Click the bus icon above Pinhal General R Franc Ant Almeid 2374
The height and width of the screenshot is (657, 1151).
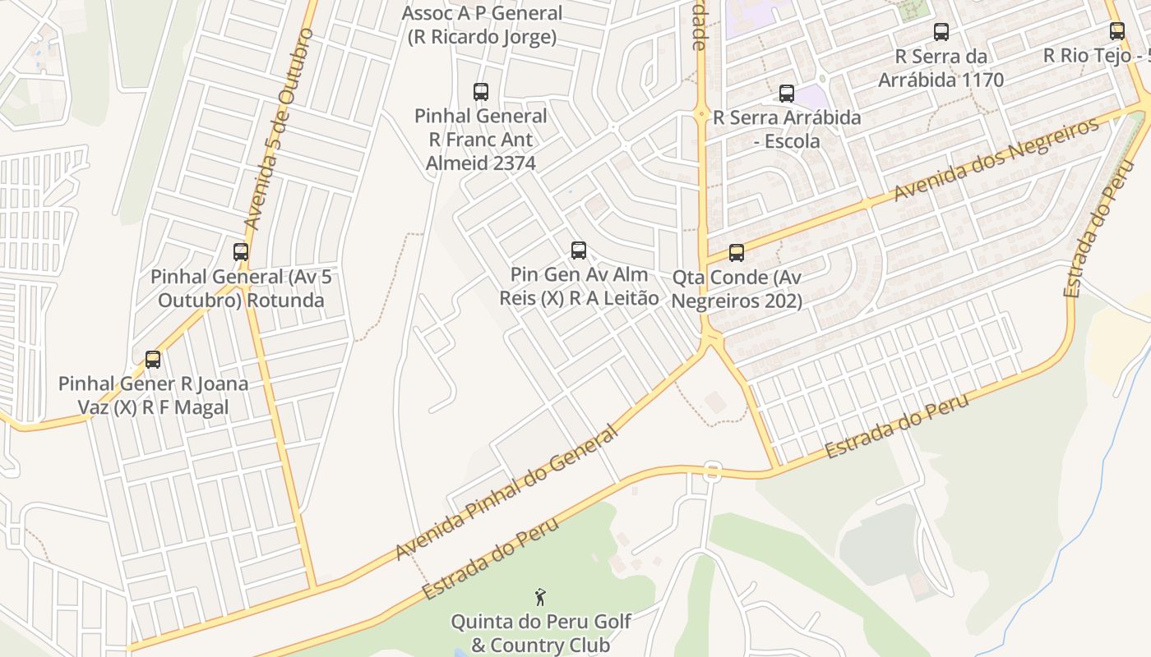point(481,91)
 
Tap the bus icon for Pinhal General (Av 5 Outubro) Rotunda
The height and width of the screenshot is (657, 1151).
point(241,252)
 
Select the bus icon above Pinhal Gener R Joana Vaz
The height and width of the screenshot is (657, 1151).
point(153,360)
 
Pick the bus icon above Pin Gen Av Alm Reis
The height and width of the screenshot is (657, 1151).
point(579,250)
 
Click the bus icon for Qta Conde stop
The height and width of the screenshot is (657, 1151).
point(737,253)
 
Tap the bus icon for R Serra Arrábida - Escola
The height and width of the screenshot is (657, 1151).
point(787,94)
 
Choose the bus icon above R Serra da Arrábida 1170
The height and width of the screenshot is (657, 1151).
point(941,32)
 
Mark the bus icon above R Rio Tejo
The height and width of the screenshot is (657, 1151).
point(1117,31)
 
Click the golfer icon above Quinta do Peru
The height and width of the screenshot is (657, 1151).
point(540,596)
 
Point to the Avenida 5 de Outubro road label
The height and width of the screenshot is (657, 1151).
point(280,130)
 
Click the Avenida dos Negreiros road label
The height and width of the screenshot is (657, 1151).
point(996,159)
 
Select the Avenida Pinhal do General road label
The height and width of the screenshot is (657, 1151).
point(506,493)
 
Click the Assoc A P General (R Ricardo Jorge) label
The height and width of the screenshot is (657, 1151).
point(482,25)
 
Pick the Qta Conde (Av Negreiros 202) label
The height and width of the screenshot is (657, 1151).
point(737,289)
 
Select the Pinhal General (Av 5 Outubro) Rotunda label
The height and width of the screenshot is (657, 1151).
point(241,288)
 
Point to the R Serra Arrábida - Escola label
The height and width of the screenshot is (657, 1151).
point(787,129)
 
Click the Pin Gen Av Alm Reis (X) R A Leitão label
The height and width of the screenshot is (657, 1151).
point(579,286)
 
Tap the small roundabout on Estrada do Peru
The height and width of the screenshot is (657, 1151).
point(712,472)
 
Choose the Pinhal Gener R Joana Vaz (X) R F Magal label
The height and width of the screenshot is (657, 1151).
point(153,395)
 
